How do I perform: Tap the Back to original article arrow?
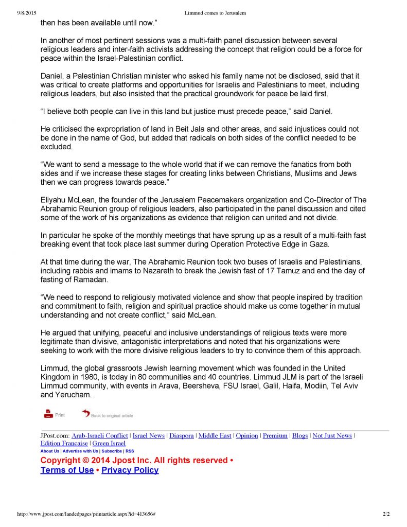(x=86, y=414)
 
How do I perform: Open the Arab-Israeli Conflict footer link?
(x=100, y=435)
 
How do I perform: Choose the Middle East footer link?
(x=215, y=435)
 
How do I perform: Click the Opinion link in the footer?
(x=247, y=435)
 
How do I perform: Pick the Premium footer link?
(x=275, y=435)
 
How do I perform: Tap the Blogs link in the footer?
(x=300, y=435)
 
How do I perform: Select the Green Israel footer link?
(x=109, y=443)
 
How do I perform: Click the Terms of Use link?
(x=67, y=470)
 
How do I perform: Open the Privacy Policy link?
(x=130, y=470)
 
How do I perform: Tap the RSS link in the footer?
(x=130, y=451)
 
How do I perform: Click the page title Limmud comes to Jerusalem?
(x=215, y=13)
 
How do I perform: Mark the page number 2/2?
(x=386, y=514)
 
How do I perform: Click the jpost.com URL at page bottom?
(x=86, y=514)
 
